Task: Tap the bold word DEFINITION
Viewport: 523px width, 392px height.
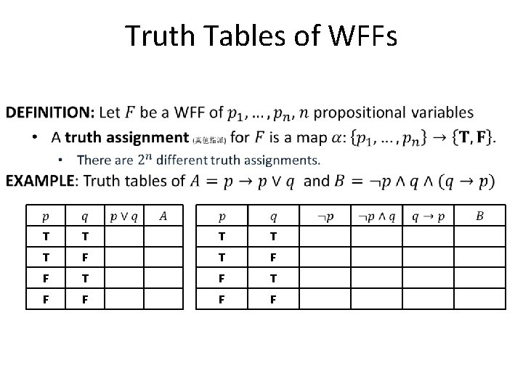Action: tap(49, 113)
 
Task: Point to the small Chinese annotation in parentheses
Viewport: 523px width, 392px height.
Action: tap(211, 138)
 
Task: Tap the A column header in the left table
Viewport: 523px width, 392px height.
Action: tap(163, 216)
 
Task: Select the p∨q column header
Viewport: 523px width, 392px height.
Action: tap(123, 216)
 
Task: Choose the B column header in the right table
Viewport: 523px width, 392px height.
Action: tap(479, 216)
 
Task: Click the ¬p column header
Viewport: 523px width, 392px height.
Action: tap(325, 216)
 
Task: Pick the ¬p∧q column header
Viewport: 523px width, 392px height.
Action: tap(377, 216)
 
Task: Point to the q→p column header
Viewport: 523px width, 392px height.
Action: tap(429, 216)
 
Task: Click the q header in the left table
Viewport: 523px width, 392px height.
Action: tap(86, 216)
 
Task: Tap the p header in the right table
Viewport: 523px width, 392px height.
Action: tap(221, 216)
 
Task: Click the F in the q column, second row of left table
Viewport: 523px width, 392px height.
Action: tap(86, 257)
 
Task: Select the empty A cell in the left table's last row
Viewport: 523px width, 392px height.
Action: tap(163, 298)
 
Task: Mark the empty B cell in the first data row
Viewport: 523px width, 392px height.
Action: tap(479, 237)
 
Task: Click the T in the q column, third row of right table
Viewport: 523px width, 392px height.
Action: tap(273, 277)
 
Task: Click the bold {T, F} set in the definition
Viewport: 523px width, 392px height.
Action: tap(475, 137)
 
